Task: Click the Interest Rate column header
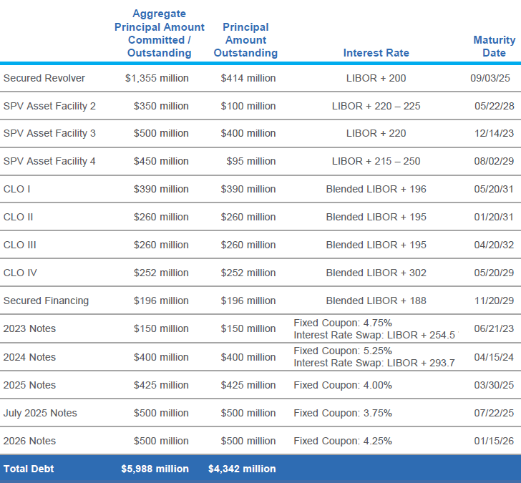pyautogui.click(x=376, y=53)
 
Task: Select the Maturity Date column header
pyautogui.click(x=494, y=47)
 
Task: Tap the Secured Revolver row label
pyautogui.click(x=44, y=78)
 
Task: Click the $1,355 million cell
pyautogui.click(x=157, y=78)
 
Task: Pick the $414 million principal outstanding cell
pyautogui.click(x=248, y=78)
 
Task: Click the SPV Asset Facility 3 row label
pyautogui.click(x=49, y=133)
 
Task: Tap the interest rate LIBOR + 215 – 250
pyautogui.click(x=376, y=161)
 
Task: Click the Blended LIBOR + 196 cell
pyautogui.click(x=376, y=189)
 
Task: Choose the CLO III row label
pyautogui.click(x=20, y=245)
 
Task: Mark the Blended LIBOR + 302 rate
pyautogui.click(x=376, y=273)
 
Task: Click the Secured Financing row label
pyautogui.click(x=46, y=301)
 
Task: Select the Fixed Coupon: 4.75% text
pyautogui.click(x=343, y=323)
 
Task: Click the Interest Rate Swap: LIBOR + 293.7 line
pyautogui.click(x=374, y=363)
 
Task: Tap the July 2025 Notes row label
pyautogui.click(x=40, y=413)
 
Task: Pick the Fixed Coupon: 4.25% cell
pyautogui.click(x=343, y=441)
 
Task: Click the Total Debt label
pyautogui.click(x=29, y=469)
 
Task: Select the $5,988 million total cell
pyautogui.click(x=155, y=469)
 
